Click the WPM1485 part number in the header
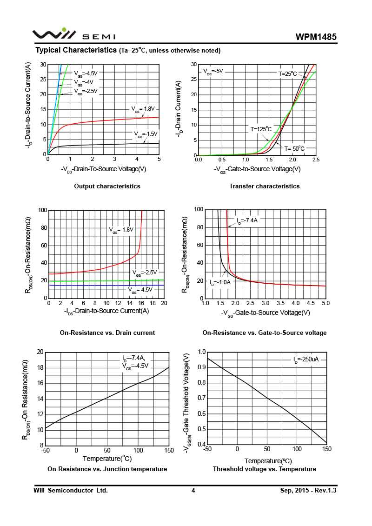[316, 37]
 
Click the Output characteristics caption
[107, 186]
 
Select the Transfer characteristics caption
[264, 186]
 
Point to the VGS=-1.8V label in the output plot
[142, 109]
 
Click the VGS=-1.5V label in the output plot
[146, 134]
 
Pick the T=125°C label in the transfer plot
[261, 129]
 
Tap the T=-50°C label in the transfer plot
[294, 149]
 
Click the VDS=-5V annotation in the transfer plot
[213, 72]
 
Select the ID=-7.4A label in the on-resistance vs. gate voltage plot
[247, 220]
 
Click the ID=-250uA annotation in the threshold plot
[306, 360]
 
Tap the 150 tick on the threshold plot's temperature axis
[326, 449]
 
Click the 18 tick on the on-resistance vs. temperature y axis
[40, 367]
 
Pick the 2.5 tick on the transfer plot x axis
[316, 160]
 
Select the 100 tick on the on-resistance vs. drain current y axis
[42, 210]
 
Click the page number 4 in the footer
[193, 490]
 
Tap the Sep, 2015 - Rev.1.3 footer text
[308, 490]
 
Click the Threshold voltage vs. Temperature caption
[264, 469]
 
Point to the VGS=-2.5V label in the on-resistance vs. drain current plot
[145, 273]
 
